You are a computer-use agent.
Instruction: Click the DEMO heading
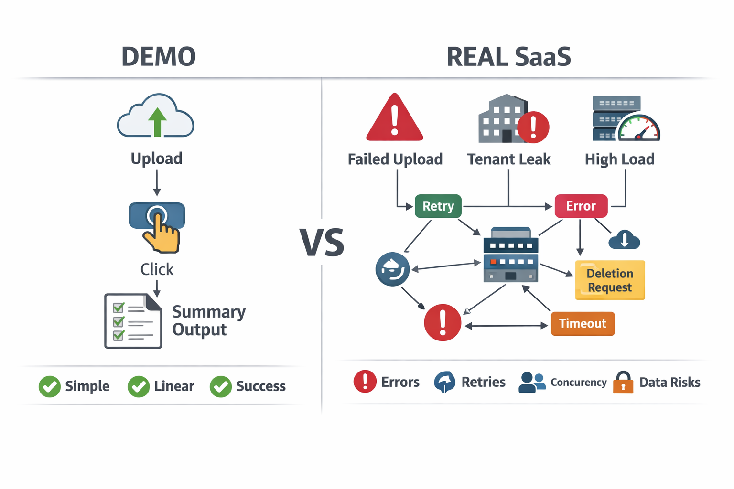(158, 56)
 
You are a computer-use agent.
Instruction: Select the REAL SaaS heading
(508, 56)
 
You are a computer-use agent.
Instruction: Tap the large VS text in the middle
(322, 243)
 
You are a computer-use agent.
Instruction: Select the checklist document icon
(133, 321)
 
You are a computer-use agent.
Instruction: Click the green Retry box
(438, 206)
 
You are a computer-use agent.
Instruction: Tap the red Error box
(581, 206)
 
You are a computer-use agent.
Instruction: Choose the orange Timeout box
(583, 324)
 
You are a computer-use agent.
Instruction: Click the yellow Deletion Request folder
(610, 280)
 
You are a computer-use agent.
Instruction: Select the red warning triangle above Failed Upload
(394, 118)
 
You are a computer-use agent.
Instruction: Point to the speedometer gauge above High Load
(638, 128)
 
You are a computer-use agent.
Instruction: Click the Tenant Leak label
(508, 159)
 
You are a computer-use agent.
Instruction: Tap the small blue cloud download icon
(624, 239)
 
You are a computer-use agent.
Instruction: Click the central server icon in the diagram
(510, 255)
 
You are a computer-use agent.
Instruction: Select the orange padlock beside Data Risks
(623, 383)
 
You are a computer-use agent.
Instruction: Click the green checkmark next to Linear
(139, 386)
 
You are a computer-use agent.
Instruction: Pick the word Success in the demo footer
(261, 386)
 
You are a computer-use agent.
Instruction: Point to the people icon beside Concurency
(532, 383)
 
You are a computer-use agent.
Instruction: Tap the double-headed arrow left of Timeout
(506, 326)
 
